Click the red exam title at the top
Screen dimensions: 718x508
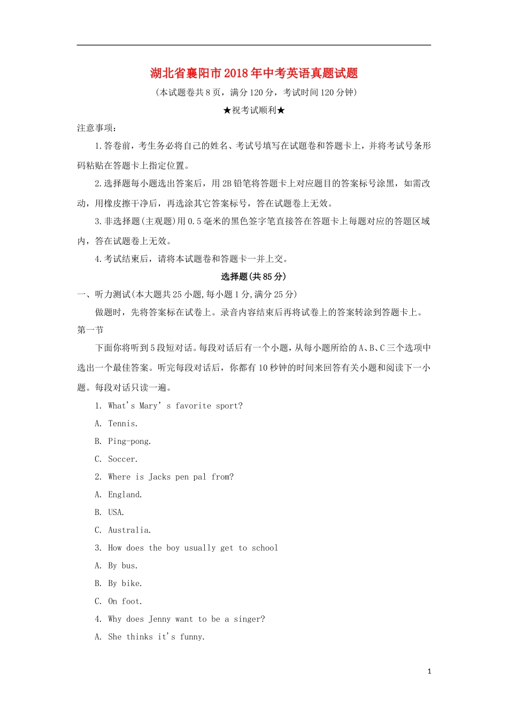[254, 73]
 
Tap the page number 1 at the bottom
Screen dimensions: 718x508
[429, 672]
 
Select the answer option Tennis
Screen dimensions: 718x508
[122, 424]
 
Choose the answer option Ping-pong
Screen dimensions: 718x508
[129, 441]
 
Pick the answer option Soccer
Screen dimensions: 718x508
[122, 459]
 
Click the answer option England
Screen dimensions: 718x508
[125, 495]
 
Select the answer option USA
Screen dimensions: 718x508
[116, 512]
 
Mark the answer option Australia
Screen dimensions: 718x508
[129, 530]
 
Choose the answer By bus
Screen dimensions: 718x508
[122, 566]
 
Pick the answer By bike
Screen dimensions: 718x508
[125, 583]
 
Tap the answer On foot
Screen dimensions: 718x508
[125, 601]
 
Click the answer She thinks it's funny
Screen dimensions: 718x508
[156, 637]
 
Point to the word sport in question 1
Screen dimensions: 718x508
[227, 406]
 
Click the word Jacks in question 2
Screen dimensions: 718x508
[159, 477]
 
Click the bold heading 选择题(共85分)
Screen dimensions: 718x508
[254, 277]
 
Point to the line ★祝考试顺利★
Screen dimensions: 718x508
[254, 111]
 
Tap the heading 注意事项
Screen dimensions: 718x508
[96, 128]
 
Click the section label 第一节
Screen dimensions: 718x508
[90, 330]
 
